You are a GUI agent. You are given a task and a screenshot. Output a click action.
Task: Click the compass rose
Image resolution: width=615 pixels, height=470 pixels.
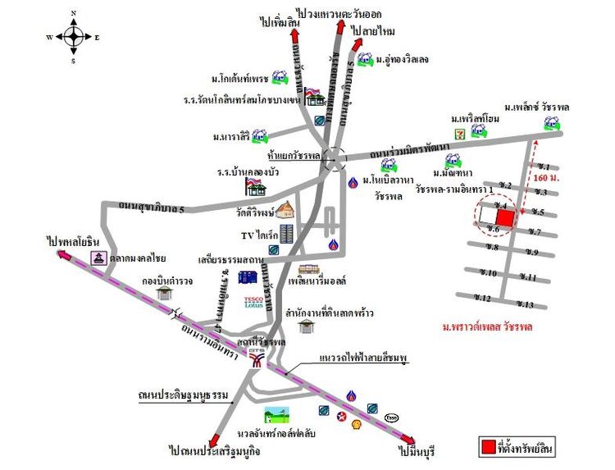coord(73,37)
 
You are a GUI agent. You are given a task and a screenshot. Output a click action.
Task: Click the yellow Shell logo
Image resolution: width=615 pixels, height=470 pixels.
coord(355,423)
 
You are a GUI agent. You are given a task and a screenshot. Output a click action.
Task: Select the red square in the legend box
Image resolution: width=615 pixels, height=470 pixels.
coord(488,447)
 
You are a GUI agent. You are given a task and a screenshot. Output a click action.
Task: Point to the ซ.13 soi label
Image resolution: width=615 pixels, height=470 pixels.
coord(526,305)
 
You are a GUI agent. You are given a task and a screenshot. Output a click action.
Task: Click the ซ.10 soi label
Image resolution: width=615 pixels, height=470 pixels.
coord(490,272)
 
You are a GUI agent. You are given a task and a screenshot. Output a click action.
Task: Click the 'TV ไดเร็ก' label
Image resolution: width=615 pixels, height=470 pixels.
coord(257,234)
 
